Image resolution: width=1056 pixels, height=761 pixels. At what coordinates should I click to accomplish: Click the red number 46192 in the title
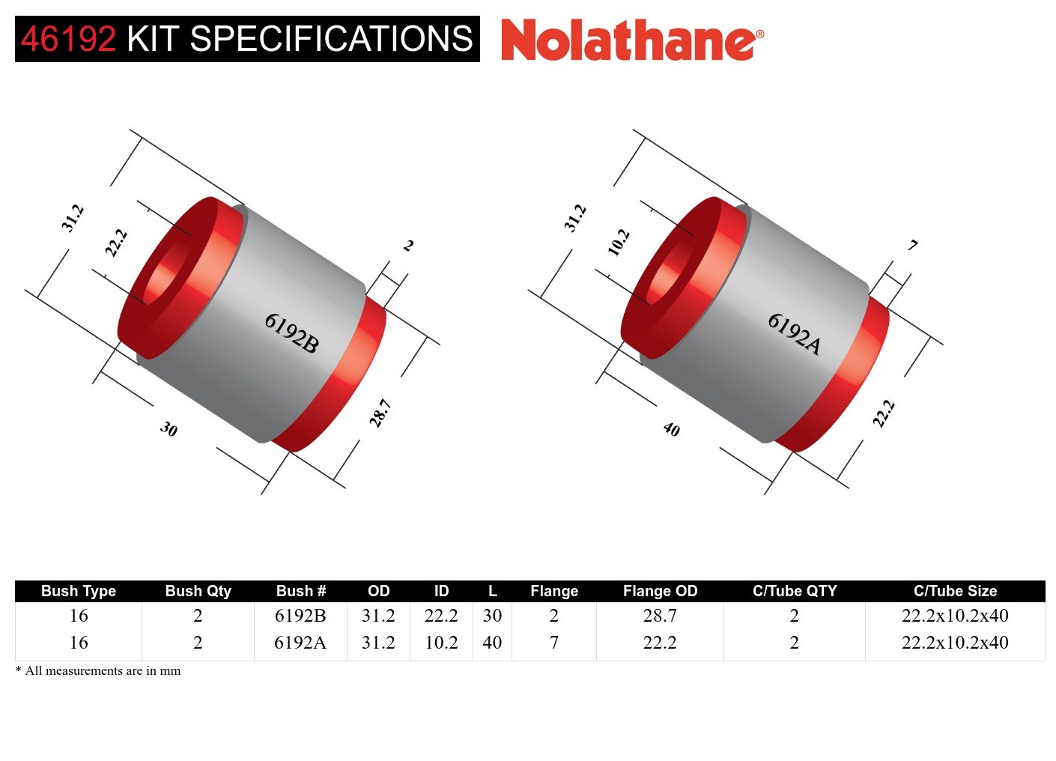(68, 39)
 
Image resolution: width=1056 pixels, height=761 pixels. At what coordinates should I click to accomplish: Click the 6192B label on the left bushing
(292, 333)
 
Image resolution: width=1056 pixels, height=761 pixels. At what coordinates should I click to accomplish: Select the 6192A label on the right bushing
(795, 333)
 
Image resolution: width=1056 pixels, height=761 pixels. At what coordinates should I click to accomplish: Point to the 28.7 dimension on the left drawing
(380, 413)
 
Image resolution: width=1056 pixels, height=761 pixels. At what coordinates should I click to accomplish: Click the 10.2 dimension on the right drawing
(619, 242)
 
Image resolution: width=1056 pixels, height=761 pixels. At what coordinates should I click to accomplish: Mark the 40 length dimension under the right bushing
(672, 429)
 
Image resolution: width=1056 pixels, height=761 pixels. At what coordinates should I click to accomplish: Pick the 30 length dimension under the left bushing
(169, 429)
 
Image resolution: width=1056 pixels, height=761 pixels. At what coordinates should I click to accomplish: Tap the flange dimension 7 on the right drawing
(912, 245)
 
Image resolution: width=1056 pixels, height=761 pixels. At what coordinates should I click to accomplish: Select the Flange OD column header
(660, 591)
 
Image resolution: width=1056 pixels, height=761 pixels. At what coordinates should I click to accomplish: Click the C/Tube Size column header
(955, 591)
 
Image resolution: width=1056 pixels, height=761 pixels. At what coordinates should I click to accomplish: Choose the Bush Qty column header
(198, 591)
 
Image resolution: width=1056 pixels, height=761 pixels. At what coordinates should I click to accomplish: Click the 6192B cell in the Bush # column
(300, 616)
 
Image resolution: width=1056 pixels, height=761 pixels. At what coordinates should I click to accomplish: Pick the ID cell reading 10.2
(441, 643)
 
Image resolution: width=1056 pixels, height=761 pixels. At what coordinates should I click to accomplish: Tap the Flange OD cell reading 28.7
(660, 616)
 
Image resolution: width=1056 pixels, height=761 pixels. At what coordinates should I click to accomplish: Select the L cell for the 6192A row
(492, 643)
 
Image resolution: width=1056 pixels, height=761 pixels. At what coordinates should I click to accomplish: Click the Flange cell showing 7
(553, 643)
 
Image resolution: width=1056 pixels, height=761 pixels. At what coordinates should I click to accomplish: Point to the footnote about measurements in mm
(98, 670)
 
